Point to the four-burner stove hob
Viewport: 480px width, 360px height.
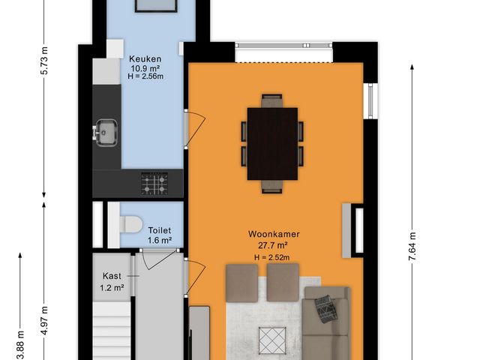[155, 182]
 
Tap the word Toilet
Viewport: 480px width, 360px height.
[160, 230]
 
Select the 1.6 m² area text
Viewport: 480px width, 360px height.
[160, 240]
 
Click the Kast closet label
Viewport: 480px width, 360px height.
[112, 276]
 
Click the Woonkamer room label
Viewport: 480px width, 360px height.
[274, 234]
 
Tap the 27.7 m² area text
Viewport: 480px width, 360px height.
[274, 245]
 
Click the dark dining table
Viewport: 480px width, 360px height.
[272, 142]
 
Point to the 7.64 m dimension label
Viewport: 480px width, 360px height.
[412, 247]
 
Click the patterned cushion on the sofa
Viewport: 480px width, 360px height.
[325, 308]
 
